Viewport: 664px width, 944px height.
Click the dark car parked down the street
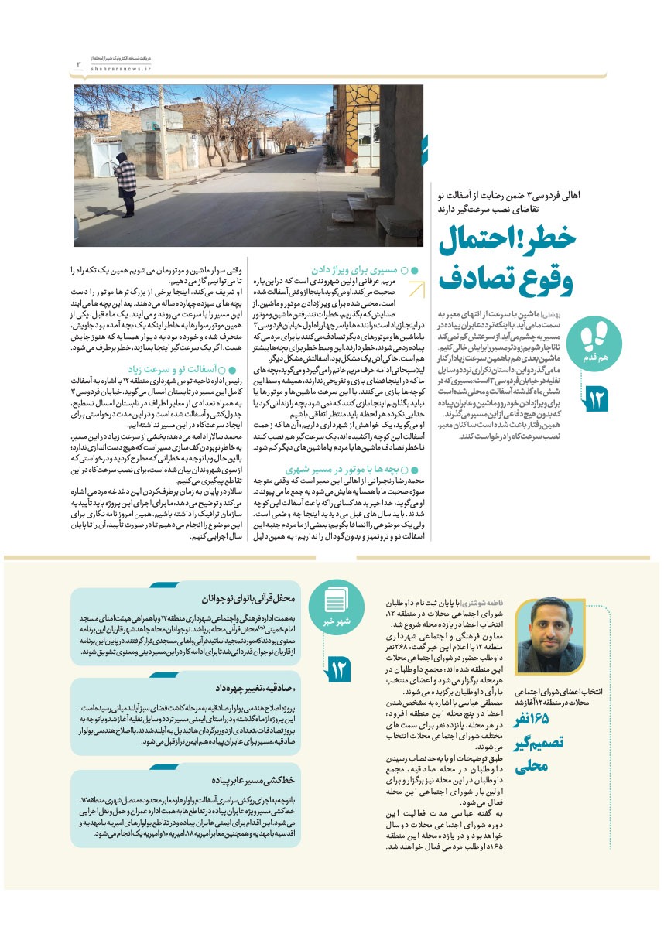pos(289,149)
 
